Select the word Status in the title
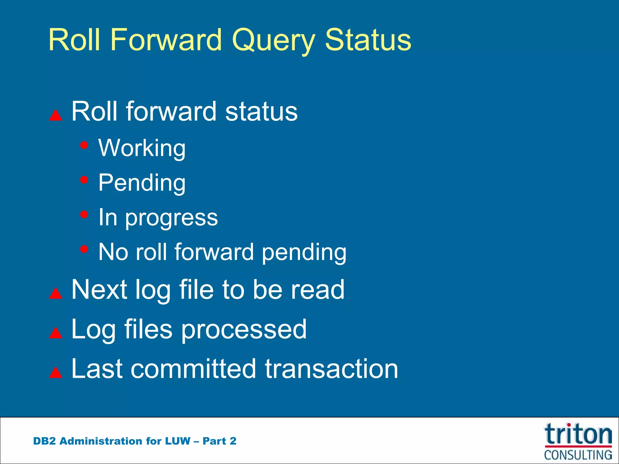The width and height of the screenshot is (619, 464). [x=368, y=40]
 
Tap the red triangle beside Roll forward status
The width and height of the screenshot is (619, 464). [x=56, y=115]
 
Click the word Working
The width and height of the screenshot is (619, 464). [x=142, y=148]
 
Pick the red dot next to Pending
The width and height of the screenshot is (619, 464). [x=84, y=180]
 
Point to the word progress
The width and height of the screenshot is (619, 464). [x=171, y=217]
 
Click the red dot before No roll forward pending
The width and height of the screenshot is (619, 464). [x=84, y=249]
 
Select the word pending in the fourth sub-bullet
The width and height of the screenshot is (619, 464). [x=304, y=252]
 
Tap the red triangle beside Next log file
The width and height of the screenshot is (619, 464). [x=56, y=293]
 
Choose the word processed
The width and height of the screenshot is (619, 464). [x=244, y=329]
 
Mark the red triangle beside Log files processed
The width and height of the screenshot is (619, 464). [x=56, y=333]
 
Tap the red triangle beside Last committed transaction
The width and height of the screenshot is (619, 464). [x=56, y=372]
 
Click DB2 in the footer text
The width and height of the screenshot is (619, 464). [x=44, y=441]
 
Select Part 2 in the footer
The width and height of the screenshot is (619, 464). [x=219, y=441]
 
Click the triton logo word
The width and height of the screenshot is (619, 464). [x=578, y=434]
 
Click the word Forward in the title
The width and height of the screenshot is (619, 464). [x=166, y=40]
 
